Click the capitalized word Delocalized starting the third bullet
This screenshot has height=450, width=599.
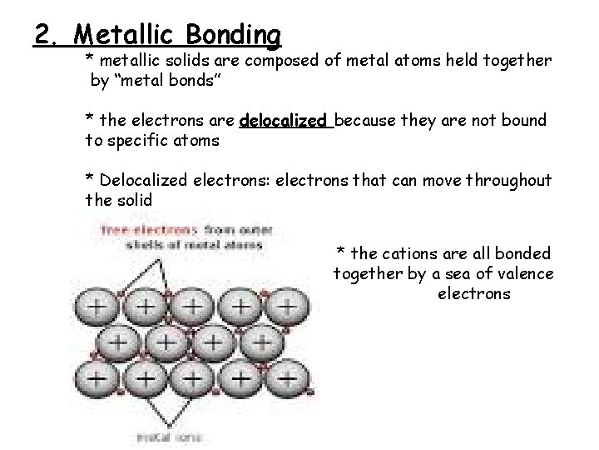(142, 180)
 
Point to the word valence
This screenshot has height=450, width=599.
(525, 274)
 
